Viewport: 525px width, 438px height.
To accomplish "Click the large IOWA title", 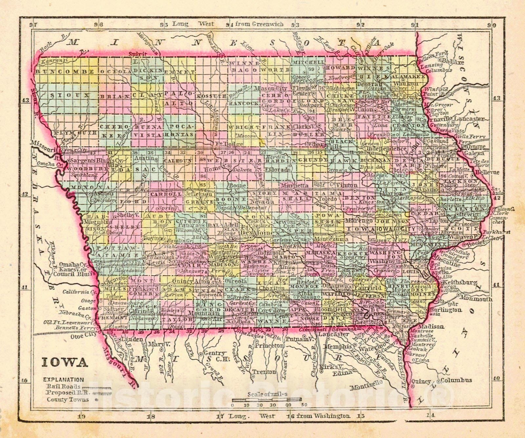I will coord(65,362).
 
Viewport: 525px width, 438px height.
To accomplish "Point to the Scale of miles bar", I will coord(266,399).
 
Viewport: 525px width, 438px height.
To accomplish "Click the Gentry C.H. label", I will coord(215,356).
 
